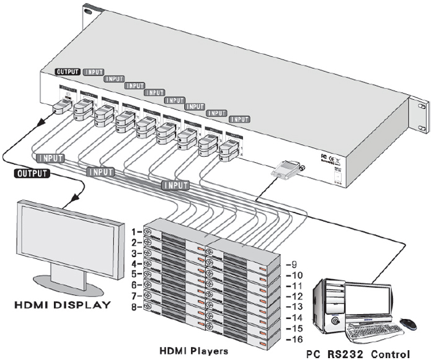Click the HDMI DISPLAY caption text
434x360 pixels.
coord(63,305)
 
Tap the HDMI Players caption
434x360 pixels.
coord(193,351)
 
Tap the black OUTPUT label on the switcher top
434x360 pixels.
coord(68,72)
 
